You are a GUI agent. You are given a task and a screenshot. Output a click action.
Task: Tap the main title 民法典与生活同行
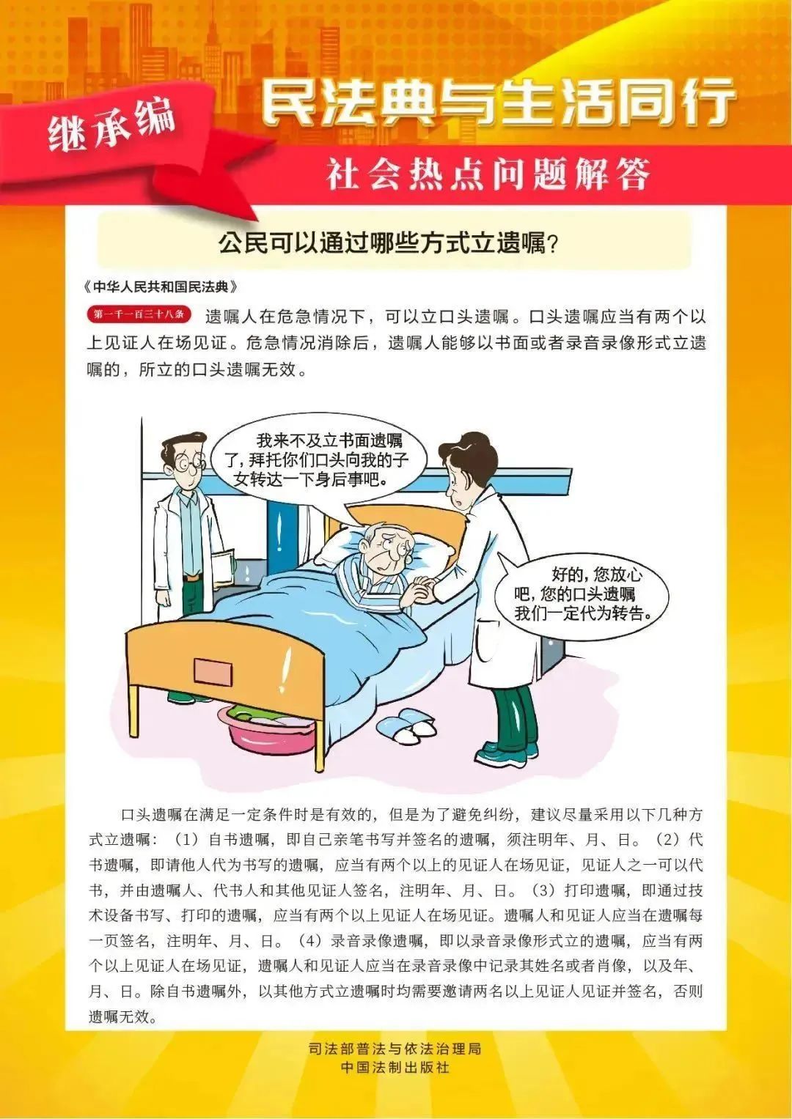[x=499, y=103]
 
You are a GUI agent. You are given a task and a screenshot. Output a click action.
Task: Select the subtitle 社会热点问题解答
[x=488, y=175]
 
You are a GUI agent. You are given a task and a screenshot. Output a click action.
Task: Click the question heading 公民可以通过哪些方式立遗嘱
[x=389, y=243]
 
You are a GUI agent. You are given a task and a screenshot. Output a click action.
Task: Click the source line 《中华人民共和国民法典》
[x=161, y=286]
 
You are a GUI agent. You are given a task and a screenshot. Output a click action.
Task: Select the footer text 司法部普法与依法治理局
[x=395, y=1049]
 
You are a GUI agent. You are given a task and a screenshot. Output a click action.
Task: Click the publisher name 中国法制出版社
[x=395, y=1068]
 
